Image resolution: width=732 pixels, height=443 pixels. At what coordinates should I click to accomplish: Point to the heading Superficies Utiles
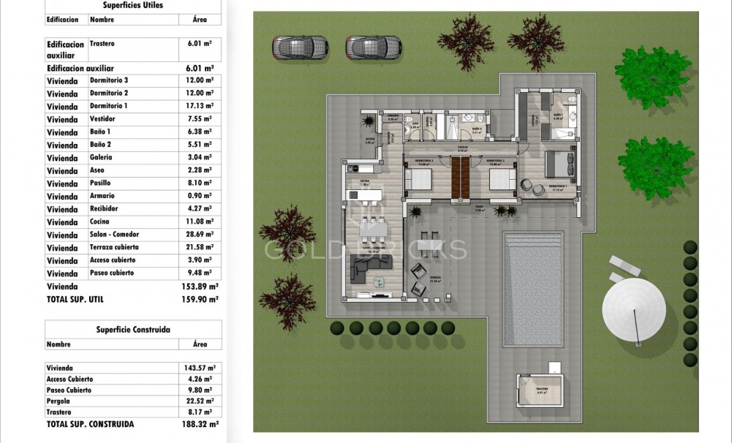132,5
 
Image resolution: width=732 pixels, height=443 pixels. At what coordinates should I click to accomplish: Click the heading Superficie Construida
132,330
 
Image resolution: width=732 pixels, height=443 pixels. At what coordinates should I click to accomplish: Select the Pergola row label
59,401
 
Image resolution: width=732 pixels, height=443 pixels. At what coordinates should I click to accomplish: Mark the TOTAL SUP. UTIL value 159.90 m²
199,299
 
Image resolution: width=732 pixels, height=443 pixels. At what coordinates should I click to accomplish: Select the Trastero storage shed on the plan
541,393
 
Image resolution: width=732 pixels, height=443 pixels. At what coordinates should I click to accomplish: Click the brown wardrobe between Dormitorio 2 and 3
461,178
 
